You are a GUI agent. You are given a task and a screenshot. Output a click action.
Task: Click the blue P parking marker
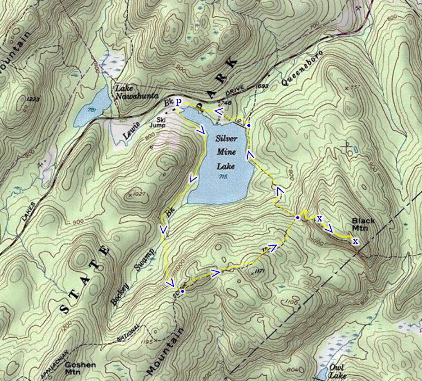178,102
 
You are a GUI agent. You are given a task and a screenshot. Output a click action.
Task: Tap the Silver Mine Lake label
226,152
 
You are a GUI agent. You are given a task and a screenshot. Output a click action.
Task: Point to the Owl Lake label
337,371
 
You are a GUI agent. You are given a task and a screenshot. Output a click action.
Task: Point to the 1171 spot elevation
259,272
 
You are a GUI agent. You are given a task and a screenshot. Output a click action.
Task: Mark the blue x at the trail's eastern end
355,241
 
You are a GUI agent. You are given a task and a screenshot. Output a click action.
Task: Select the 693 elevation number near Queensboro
263,86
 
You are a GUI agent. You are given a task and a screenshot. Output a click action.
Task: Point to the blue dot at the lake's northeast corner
249,125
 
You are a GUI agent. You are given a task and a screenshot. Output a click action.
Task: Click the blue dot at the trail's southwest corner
183,291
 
